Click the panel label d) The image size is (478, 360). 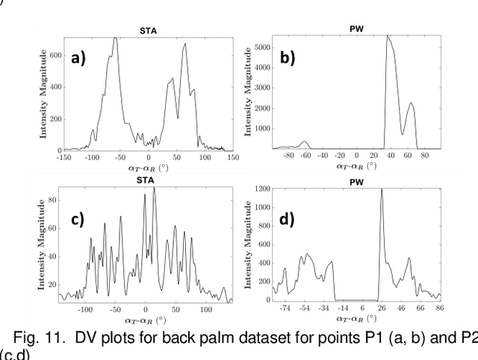(x=286, y=221)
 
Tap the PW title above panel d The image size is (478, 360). (x=355, y=179)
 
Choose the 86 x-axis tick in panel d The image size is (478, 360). (x=438, y=307)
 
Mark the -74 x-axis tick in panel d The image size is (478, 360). (x=284, y=307)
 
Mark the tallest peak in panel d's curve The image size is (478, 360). (x=382, y=189)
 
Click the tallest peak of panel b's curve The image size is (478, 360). (x=387, y=36)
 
